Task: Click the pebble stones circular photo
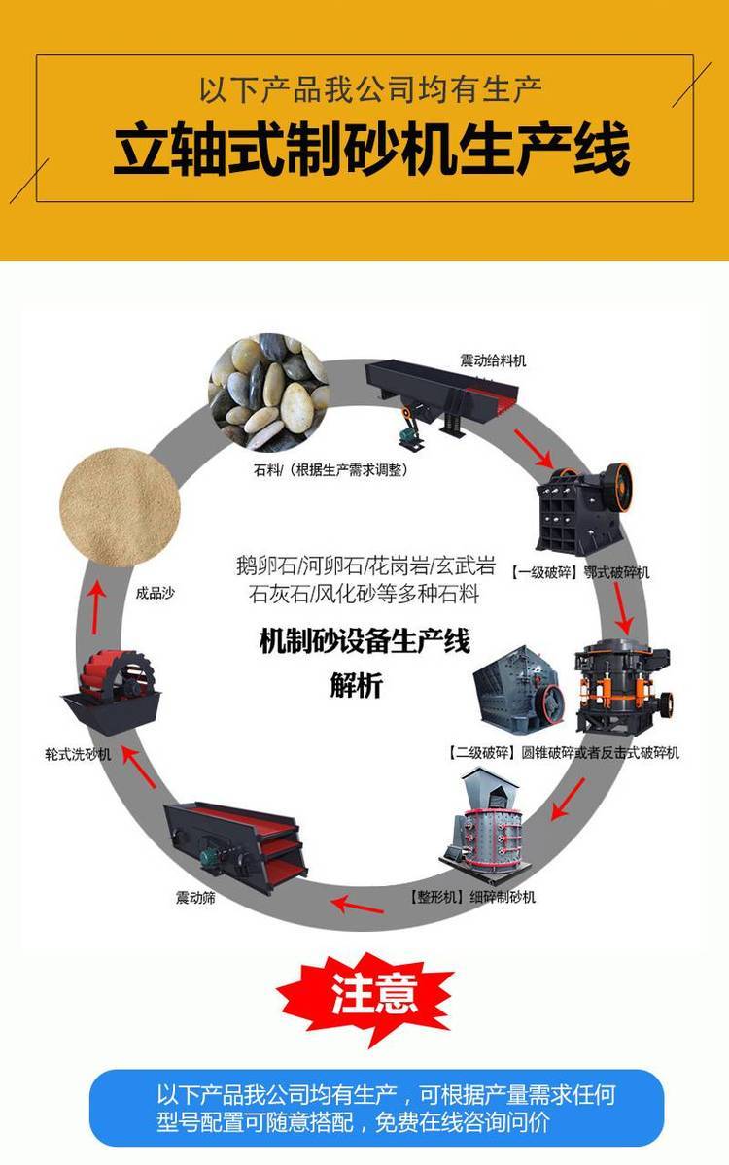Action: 268,393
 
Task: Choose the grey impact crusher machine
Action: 519,687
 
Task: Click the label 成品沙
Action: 156,592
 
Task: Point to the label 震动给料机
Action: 493,360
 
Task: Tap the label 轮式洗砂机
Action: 78,754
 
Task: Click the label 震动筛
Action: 195,897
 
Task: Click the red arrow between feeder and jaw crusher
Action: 535,449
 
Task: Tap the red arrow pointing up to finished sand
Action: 94,607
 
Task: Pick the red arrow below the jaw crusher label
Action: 623,609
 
